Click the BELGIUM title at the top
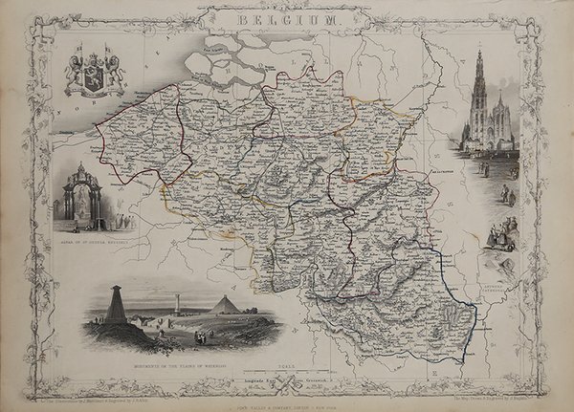click(287, 18)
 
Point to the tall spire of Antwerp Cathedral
click(478, 81)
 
